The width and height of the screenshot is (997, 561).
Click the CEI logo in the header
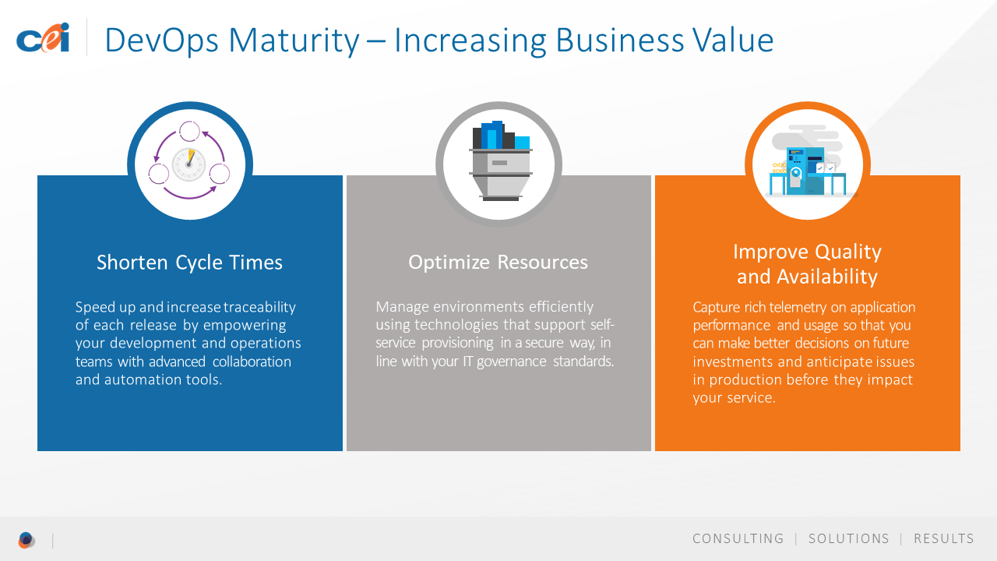click(x=43, y=38)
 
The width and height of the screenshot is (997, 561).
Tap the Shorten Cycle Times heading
click(x=189, y=263)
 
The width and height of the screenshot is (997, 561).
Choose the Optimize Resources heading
click(x=498, y=263)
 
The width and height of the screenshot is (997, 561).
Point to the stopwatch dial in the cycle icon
click(x=188, y=164)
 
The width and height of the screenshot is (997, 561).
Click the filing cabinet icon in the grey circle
click(x=500, y=161)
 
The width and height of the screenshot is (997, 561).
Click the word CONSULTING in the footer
click(x=738, y=538)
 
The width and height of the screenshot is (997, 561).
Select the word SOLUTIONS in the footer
click(x=849, y=538)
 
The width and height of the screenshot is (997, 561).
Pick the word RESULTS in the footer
click(x=944, y=538)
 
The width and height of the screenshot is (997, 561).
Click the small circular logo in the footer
click(x=26, y=540)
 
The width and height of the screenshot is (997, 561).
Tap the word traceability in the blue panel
click(x=259, y=308)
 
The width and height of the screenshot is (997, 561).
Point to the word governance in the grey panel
click(x=512, y=362)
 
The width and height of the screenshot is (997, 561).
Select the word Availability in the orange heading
click(x=827, y=277)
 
